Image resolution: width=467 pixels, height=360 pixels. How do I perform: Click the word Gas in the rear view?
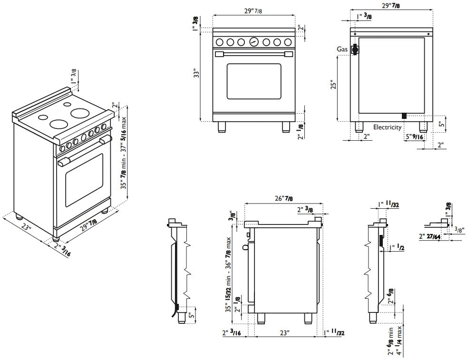(341, 49)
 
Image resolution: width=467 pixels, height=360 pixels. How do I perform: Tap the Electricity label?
(387, 127)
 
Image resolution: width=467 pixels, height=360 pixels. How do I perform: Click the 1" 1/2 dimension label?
(397, 248)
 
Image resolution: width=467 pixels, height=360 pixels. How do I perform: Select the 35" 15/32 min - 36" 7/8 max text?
(229, 274)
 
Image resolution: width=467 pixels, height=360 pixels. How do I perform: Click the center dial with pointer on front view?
(254, 41)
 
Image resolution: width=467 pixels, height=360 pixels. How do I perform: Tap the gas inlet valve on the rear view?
(354, 49)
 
